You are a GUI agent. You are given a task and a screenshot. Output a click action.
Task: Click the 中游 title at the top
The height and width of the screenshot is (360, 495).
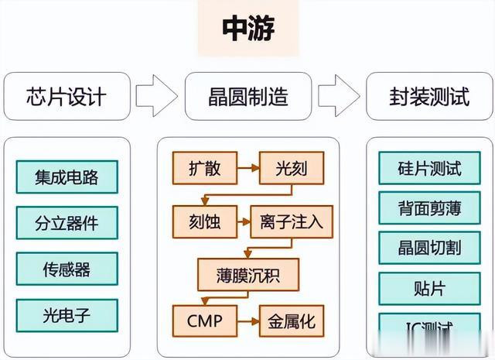pos(248,29)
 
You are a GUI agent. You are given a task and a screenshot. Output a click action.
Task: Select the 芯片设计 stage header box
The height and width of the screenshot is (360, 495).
pos(67,96)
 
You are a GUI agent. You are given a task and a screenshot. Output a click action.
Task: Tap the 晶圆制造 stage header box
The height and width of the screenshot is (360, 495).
pos(247,96)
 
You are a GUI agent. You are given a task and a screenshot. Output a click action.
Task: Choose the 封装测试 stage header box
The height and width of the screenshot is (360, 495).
pos(428,96)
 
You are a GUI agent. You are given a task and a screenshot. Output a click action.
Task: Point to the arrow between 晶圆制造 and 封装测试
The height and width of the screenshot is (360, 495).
pos(339,96)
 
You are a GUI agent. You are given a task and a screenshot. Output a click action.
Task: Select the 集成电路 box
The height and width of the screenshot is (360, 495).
pos(67,177)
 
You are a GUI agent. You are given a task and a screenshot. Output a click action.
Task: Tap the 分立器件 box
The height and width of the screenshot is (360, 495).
pos(67,223)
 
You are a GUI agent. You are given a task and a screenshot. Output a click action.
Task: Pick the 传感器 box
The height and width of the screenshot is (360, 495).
pos(67,269)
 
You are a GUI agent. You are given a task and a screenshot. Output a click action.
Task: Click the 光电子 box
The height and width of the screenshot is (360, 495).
pos(67,315)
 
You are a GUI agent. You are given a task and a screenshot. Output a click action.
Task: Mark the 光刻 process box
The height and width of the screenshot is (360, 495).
pos(290,166)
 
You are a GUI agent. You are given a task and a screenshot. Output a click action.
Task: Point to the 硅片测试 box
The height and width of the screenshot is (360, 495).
pos(430,168)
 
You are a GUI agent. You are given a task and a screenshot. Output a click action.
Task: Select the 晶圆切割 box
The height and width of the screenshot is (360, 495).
pos(430,248)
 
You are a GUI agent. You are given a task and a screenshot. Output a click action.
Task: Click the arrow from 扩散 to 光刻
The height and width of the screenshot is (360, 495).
pos(247,166)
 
